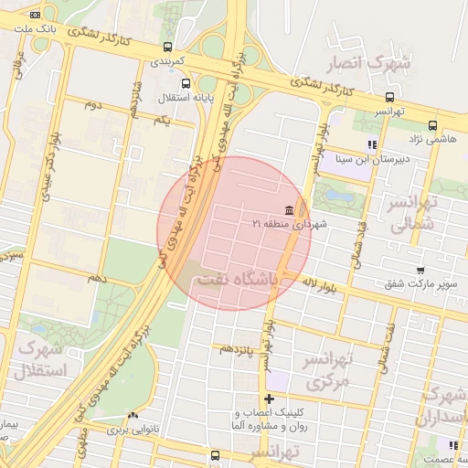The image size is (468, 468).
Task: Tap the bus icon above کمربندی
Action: pyautogui.click(x=166, y=47)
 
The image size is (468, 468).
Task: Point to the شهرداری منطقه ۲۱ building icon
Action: pyautogui.click(x=290, y=209)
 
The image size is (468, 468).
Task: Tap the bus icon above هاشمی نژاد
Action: pyautogui.click(x=432, y=125)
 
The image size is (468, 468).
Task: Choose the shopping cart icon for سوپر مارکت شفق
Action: pyautogui.click(x=420, y=271)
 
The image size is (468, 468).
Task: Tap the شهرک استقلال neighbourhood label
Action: pyautogui.click(x=37, y=361)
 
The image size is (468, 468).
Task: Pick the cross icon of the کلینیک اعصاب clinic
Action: pyautogui.click(x=269, y=399)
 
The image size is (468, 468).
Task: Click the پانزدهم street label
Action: pyautogui.click(x=234, y=349)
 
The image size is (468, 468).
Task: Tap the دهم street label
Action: pyautogui.click(x=97, y=276)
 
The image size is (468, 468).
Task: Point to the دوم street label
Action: pyautogui.click(x=92, y=106)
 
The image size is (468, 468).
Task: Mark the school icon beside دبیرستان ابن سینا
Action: pyautogui.click(x=371, y=144)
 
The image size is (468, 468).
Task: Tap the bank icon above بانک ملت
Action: pyautogui.click(x=35, y=15)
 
